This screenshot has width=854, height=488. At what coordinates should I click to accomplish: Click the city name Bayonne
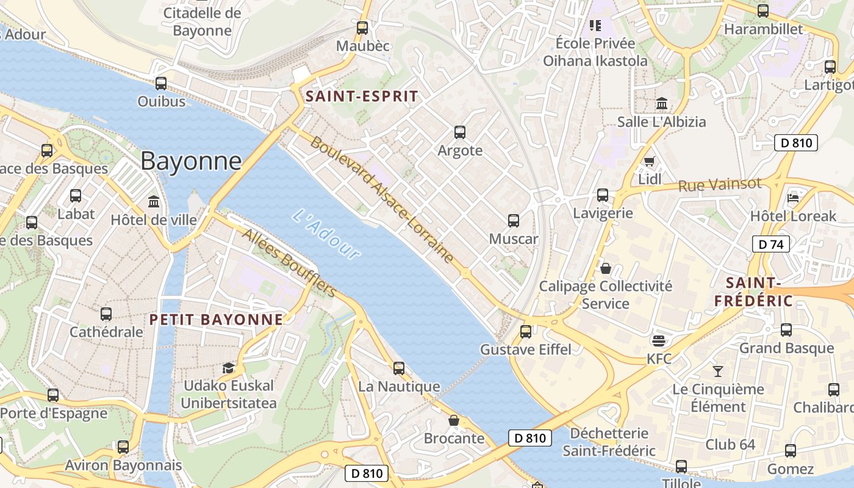[x=191, y=161]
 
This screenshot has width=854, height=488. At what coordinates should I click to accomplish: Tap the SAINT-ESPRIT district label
[x=362, y=96]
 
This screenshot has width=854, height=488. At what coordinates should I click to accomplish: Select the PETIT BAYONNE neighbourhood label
[x=217, y=320]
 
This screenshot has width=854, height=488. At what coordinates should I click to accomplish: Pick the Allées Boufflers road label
[x=289, y=263]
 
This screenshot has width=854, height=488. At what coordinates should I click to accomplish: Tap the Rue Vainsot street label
[x=720, y=185]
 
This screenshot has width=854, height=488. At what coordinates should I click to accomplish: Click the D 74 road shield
[x=771, y=245]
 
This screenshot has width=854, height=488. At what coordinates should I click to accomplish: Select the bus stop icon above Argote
[x=460, y=132]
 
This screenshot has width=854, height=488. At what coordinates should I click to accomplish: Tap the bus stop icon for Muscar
[x=514, y=221]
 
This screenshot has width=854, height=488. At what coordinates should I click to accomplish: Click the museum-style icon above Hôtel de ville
[x=154, y=201]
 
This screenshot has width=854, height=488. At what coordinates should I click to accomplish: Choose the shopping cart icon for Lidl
[x=649, y=161]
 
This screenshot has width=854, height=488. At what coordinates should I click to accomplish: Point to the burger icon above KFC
[x=659, y=340]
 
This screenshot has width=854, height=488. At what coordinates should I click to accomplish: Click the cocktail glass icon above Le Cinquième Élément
[x=718, y=371]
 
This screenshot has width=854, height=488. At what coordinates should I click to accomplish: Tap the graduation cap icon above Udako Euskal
[x=228, y=368]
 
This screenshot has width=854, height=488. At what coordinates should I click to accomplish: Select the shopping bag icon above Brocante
[x=454, y=420]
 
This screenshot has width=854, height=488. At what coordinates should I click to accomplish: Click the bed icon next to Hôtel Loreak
[x=793, y=198]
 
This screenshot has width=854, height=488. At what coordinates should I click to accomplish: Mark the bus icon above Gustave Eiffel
[x=526, y=332]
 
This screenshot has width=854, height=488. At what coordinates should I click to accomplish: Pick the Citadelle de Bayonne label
[x=203, y=21]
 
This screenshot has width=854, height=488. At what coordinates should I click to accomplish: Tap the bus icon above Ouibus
[x=161, y=84]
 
